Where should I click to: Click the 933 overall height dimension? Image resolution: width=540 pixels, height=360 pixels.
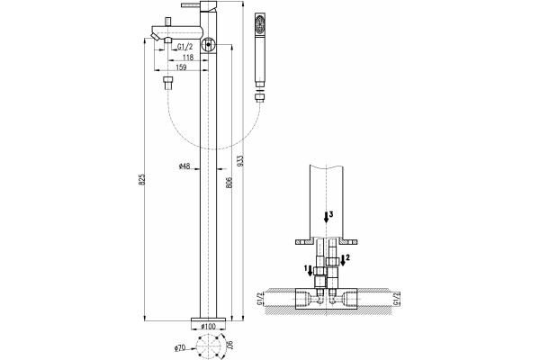click(240, 161)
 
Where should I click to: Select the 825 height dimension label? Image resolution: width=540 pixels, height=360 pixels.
click(141, 180)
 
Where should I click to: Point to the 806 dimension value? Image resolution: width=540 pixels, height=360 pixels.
click(229, 184)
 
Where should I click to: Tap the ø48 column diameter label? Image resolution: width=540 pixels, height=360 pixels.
click(184, 166)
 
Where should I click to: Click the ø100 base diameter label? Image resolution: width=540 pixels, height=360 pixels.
click(208, 326)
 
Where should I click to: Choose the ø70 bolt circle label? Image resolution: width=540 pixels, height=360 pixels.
click(180, 348)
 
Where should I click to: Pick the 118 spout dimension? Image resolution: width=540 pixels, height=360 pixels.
click(187, 57)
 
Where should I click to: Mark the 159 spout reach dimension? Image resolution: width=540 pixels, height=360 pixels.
click(181, 67)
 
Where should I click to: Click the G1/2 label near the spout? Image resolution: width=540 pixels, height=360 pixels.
click(184, 47)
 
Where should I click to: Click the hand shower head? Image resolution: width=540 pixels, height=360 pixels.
click(260, 49)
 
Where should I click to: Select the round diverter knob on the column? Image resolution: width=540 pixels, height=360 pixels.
click(209, 44)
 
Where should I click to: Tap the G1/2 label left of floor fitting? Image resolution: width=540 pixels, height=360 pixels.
click(260, 298)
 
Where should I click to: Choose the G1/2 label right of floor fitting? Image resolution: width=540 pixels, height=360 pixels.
click(396, 298)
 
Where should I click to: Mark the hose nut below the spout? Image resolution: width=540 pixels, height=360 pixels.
click(168, 84)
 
